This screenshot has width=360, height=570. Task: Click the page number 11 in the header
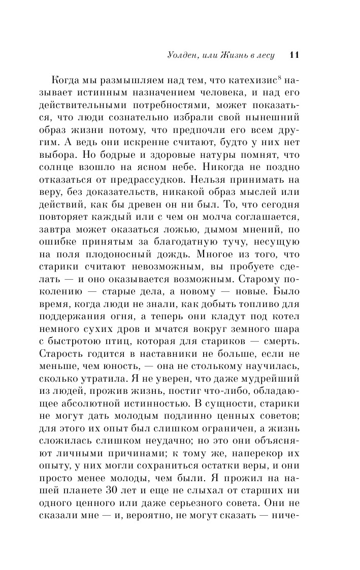click(294, 55)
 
